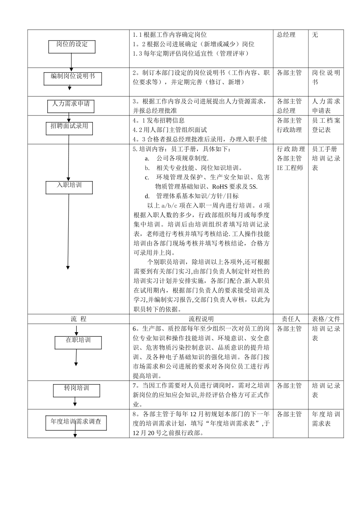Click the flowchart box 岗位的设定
72,47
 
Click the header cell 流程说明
201,319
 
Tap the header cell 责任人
291,319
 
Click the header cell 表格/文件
326,319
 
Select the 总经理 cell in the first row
286,35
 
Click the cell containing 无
315,35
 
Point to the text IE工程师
290,168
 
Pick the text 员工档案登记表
326,125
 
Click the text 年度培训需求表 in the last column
326,419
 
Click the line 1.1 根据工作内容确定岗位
170,35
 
